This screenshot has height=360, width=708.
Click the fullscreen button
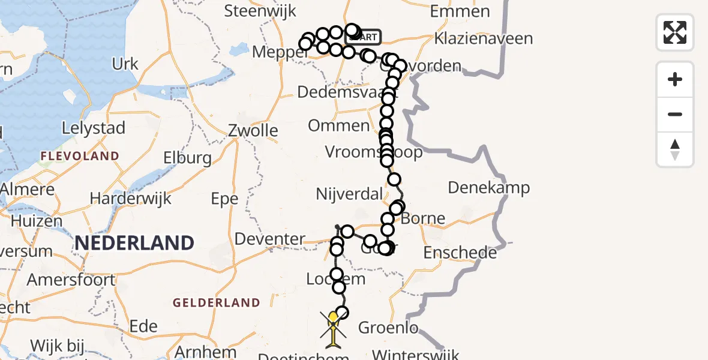click(x=675, y=32)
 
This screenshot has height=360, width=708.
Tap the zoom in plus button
click(x=675, y=80)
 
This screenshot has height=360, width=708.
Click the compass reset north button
click(x=675, y=149)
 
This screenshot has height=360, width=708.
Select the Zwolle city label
click(x=253, y=130)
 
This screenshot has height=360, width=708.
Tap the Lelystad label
click(x=94, y=128)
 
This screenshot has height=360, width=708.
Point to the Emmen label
click(x=460, y=11)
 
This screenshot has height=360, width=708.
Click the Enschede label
click(x=460, y=252)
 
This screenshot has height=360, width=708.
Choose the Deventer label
click(x=269, y=239)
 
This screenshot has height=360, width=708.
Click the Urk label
click(x=125, y=64)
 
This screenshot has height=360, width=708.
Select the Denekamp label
click(x=489, y=188)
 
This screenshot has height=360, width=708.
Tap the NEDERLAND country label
click(x=134, y=243)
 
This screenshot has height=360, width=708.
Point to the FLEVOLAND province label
click(x=79, y=156)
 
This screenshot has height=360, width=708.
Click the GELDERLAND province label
click(x=217, y=303)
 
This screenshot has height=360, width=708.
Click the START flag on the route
click(x=366, y=37)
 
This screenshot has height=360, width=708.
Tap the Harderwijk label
click(x=131, y=198)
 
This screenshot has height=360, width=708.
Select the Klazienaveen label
click(x=483, y=38)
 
